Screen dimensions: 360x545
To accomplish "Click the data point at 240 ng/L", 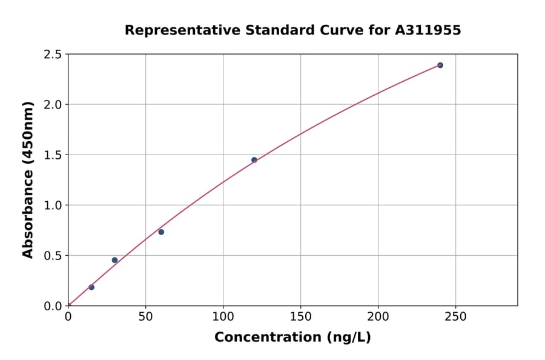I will (440, 65).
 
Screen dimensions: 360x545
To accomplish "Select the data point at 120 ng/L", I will (254, 160).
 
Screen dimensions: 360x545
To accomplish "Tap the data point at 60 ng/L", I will (161, 232).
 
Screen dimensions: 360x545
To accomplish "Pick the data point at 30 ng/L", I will (114, 260).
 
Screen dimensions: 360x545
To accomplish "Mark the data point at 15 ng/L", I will (91, 287).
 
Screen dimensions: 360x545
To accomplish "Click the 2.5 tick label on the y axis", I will (53, 55).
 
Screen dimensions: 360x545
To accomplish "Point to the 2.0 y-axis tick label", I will (53, 105).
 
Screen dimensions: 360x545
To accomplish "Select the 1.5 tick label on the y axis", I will (53, 155).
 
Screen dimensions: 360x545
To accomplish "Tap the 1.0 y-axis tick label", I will (53, 205).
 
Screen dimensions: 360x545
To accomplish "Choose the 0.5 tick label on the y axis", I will (53, 256).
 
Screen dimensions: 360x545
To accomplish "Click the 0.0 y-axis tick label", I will (53, 306).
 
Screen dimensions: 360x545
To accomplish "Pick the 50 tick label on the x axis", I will (145, 317).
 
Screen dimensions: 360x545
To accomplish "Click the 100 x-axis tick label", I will (223, 317).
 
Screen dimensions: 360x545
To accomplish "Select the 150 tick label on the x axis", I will (301, 317).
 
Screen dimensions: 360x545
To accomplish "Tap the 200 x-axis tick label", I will (378, 317).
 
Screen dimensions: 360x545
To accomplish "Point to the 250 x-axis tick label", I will (455, 317).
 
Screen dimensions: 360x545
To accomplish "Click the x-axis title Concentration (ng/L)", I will (292, 338).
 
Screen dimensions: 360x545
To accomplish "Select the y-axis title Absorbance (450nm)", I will (28, 180).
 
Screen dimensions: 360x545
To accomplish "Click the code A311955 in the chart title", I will (428, 30).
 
